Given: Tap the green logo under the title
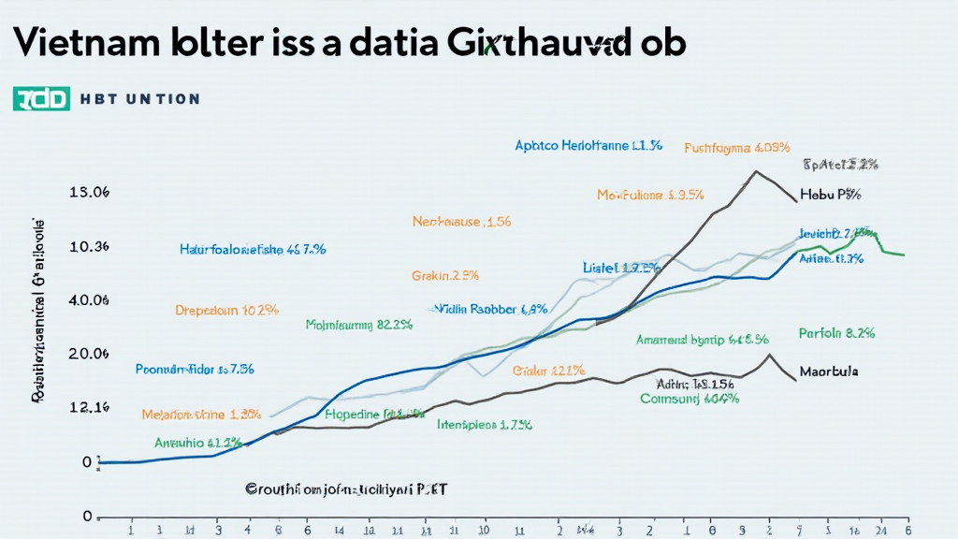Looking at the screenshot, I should tap(41, 98).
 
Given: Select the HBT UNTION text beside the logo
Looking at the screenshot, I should tap(139, 99).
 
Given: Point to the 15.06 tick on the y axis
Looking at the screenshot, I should tap(90, 192).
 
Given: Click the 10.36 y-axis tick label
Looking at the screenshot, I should tap(90, 246).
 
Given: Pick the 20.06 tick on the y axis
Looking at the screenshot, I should tap(90, 354).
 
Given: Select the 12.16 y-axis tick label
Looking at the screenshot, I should tap(90, 407).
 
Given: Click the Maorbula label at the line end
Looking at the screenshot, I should tap(829, 371).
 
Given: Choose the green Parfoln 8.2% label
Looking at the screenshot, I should tap(836, 332).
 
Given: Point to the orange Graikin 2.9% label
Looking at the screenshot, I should tap(445, 276).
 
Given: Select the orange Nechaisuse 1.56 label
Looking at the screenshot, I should tap(461, 222).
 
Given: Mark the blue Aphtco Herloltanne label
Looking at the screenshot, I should tap(588, 146).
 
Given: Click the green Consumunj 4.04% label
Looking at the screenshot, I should tap(689, 398).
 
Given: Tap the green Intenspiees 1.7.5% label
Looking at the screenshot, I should tap(485, 424).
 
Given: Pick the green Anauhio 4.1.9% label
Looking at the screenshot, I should tap(198, 442).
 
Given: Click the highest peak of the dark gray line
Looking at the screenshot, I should tap(754, 171).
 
